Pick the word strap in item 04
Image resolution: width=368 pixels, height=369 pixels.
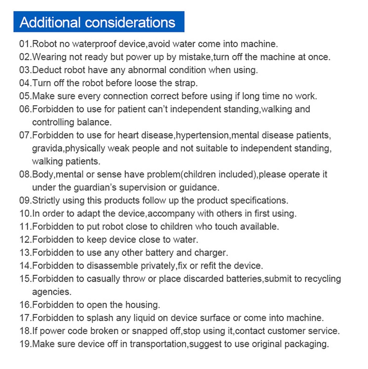point(185,83)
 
